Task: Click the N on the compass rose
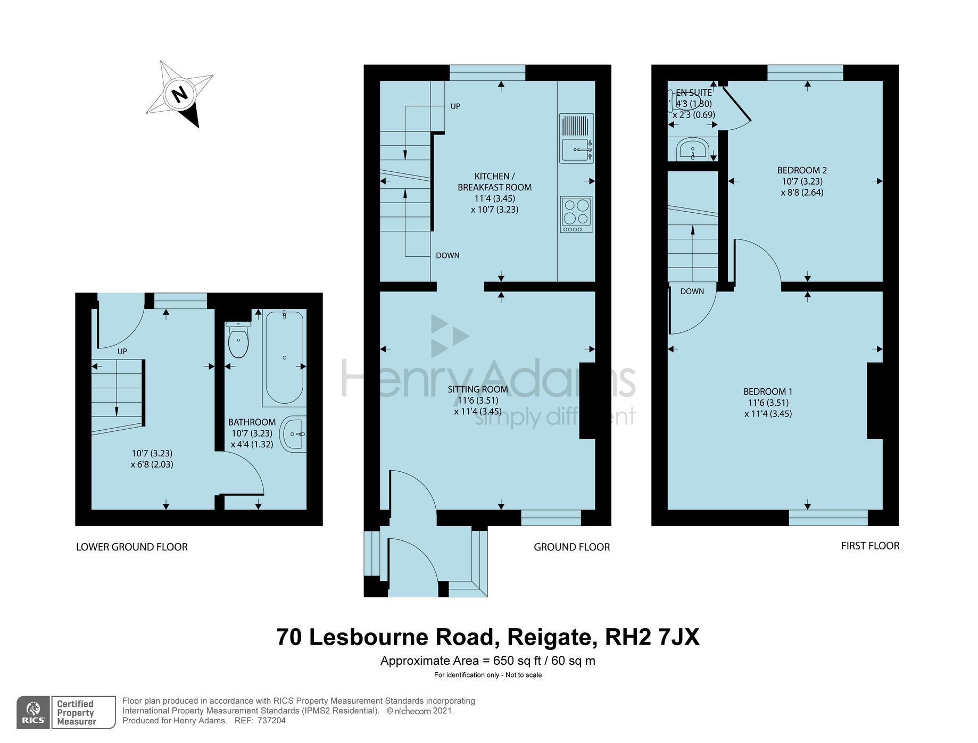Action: [x=180, y=94]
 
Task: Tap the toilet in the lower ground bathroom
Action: [x=238, y=340]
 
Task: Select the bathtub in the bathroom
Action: [x=284, y=358]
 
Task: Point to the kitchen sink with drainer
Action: [x=576, y=138]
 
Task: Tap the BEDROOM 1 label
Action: [x=767, y=392]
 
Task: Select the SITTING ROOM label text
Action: [x=477, y=389]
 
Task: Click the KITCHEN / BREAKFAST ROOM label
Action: [x=494, y=181]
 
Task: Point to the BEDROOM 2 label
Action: [x=802, y=170]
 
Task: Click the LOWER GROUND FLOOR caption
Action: [x=131, y=547]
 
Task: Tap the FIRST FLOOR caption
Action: [x=869, y=546]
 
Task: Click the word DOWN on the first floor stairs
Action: [x=692, y=291]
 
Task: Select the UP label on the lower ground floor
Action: [x=122, y=352]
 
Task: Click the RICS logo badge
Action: [x=33, y=712]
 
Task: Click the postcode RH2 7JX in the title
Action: [x=652, y=637]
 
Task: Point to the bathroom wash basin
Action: [x=293, y=434]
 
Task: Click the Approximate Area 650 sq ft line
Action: [x=487, y=661]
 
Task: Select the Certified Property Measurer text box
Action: [x=83, y=712]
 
